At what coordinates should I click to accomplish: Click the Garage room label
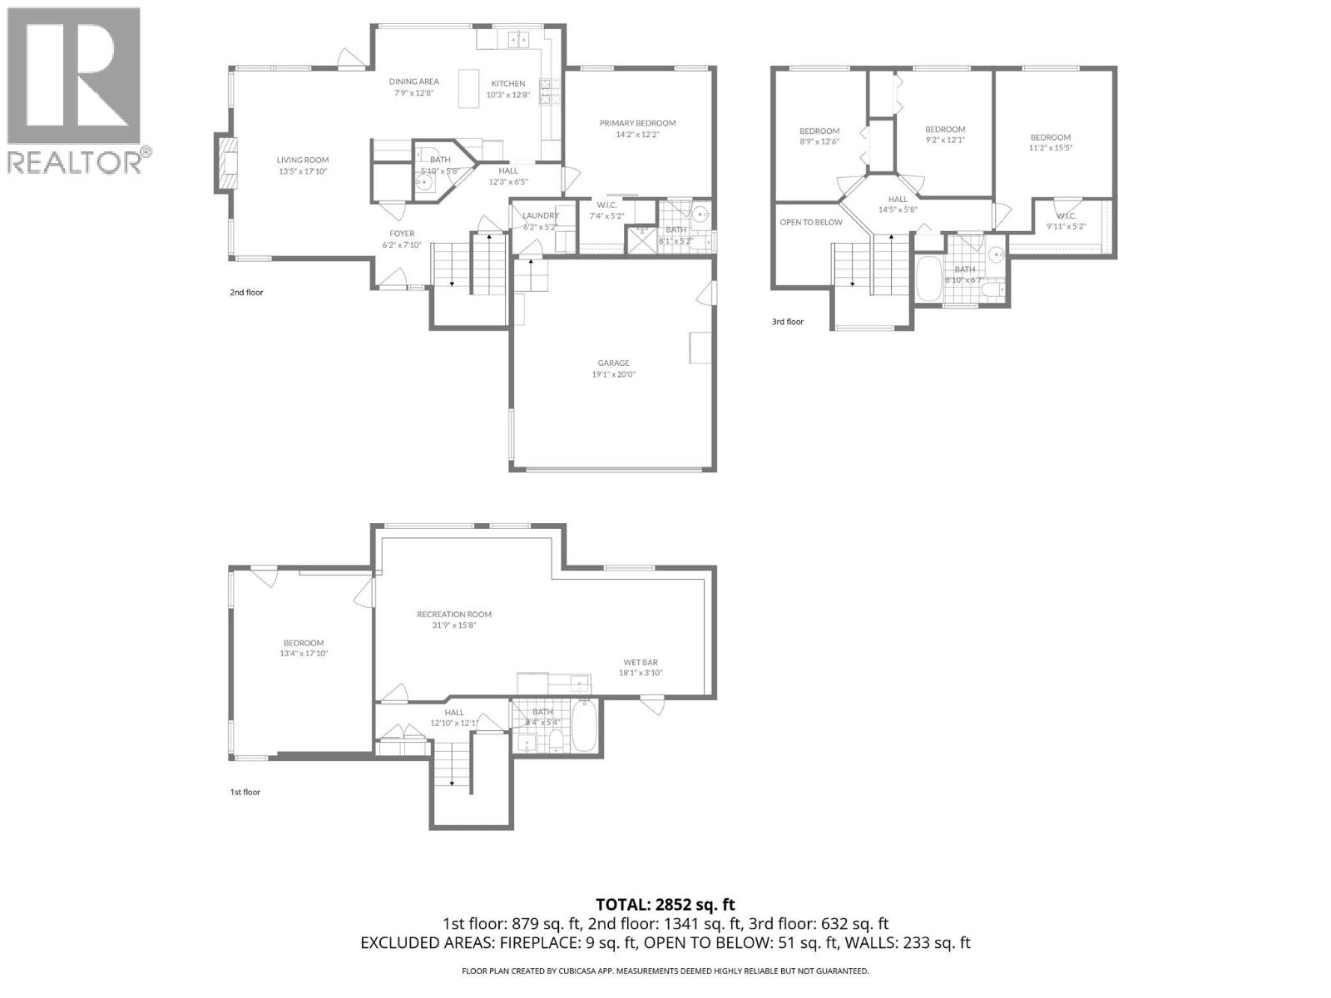[x=613, y=363]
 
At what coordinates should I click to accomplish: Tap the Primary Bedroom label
[x=637, y=123]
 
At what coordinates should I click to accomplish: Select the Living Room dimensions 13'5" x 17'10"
[x=303, y=172]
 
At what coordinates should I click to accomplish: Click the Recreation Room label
[x=454, y=615]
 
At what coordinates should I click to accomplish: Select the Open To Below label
[x=810, y=222]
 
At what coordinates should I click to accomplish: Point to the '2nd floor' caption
[x=246, y=293]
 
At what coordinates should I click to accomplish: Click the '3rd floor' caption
[x=787, y=322]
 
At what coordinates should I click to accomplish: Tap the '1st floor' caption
[x=245, y=792]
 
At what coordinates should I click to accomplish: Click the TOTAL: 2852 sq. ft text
[x=665, y=904]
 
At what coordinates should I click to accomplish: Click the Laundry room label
[x=541, y=215]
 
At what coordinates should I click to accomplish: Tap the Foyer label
[x=402, y=234]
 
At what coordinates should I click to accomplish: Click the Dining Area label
[x=414, y=82]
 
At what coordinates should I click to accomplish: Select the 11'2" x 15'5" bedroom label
[x=1050, y=137]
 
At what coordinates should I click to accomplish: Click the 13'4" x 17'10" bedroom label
[x=303, y=643]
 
